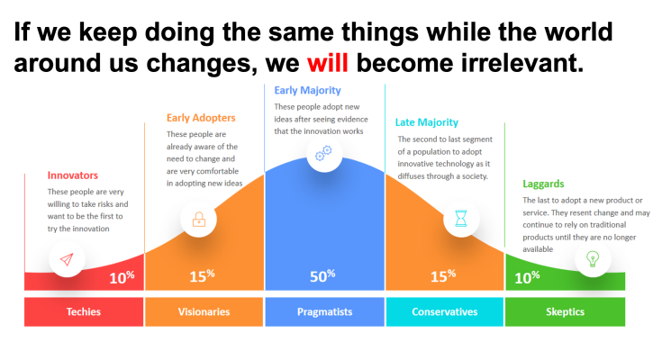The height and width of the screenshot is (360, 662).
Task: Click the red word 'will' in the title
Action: point(327,62)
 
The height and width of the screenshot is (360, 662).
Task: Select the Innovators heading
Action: point(73,175)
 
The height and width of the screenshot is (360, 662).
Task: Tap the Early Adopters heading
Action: point(201,118)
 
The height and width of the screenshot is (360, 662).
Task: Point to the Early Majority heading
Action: point(307,90)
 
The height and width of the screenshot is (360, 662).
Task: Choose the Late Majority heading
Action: point(426,122)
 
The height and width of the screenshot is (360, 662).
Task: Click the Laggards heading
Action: point(543,184)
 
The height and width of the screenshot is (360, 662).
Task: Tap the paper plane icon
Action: point(67,259)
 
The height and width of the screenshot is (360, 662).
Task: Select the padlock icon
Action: point(199,220)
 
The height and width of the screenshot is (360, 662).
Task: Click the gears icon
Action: point(324,153)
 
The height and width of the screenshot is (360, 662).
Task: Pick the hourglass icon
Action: point(461,219)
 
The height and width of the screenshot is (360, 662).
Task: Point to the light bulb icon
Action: point(593,258)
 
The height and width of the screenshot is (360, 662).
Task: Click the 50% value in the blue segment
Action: point(322,276)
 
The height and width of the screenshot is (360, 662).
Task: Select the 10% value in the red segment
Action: point(122,277)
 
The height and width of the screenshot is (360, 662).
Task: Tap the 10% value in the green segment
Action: point(527,277)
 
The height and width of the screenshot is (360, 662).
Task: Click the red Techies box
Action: point(84,312)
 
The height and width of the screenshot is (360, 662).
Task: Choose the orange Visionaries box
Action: point(204,312)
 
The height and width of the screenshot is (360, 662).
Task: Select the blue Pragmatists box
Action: point(324,312)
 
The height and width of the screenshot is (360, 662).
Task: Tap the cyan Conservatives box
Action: point(445,312)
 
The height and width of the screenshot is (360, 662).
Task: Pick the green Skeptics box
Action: point(565,312)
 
